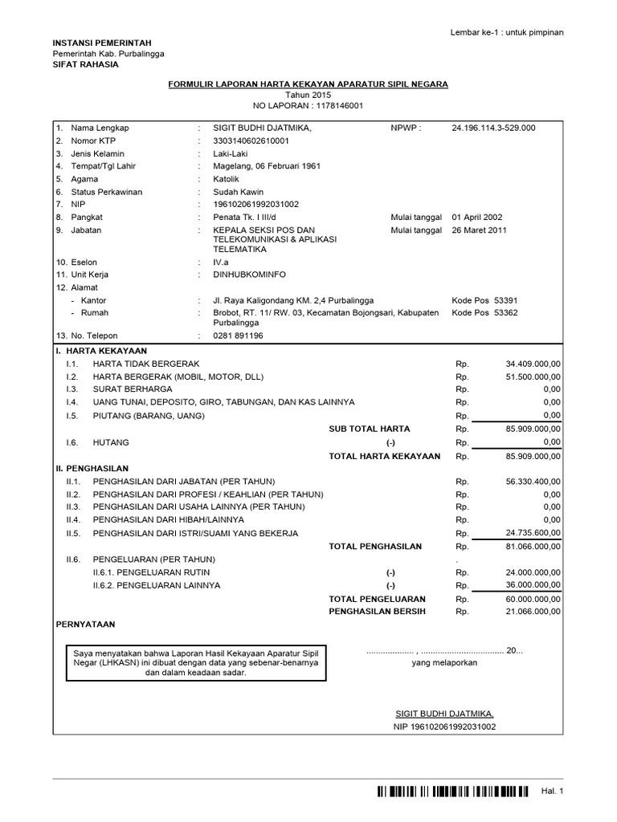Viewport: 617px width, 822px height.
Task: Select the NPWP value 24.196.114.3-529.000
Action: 493,128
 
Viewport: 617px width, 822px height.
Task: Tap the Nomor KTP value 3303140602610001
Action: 250,140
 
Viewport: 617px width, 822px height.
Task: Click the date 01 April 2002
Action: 479,217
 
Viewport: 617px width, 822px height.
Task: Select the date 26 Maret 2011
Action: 480,230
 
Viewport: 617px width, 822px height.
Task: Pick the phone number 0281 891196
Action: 238,336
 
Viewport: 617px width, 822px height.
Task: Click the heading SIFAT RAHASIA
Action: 84,64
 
